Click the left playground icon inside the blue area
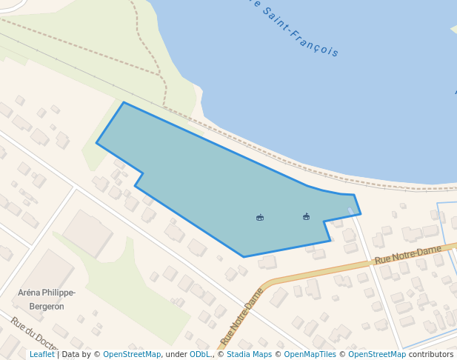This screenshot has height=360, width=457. coord(260,218)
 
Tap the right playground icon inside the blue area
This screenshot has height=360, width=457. coord(306,217)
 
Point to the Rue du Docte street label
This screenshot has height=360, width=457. coord(34,334)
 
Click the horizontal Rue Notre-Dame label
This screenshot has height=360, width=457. coord(407,255)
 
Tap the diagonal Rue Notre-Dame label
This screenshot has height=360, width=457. coord(241,318)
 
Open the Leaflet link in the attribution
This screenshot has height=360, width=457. coord(42,355)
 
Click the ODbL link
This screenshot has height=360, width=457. coord(200,355)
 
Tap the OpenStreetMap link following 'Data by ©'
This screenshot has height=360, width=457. coord(132,355)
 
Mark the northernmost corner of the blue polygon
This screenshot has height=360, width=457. coord(124,102)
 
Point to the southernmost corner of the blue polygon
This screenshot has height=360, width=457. coord(244,257)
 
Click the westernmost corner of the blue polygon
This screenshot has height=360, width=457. coord(96,143)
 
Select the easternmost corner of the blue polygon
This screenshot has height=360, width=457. coord(361,215)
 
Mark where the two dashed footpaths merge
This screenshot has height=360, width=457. coord(162,76)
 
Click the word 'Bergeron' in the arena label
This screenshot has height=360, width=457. coord(47,306)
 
